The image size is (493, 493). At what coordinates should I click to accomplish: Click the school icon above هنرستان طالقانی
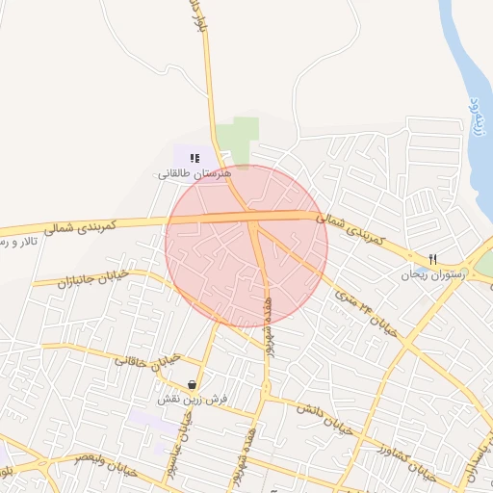click(x=194, y=157)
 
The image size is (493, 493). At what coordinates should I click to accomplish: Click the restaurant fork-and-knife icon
click(x=432, y=259)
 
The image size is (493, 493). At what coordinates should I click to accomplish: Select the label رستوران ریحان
click(x=433, y=274)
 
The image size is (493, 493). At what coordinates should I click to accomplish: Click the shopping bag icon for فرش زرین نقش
click(x=194, y=384)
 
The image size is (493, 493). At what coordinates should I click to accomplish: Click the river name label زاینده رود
click(x=473, y=116)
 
